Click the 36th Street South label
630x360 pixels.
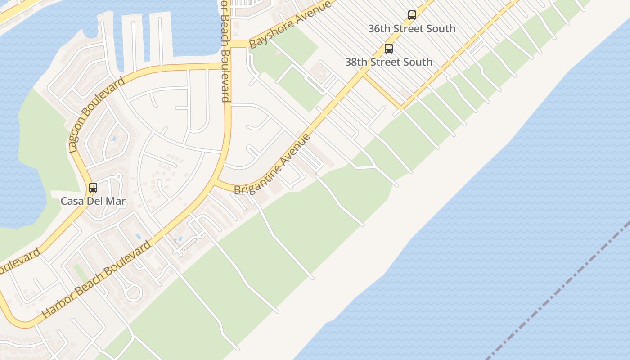coord(412,29)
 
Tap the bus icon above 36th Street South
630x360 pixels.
coord(412,15)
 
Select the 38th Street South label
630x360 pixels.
coord(388,62)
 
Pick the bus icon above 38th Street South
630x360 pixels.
coord(388,49)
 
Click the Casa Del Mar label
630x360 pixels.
coord(93,201)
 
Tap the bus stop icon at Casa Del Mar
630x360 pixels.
coord(93,188)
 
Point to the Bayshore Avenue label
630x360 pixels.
coord(290,25)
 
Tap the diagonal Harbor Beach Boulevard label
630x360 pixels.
coord(97,280)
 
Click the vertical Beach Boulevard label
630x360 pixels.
coord(225,52)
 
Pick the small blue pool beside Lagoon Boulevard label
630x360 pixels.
coord(114,139)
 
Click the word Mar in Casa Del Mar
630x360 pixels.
coord(115,201)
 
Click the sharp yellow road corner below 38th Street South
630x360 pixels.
coord(400,108)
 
